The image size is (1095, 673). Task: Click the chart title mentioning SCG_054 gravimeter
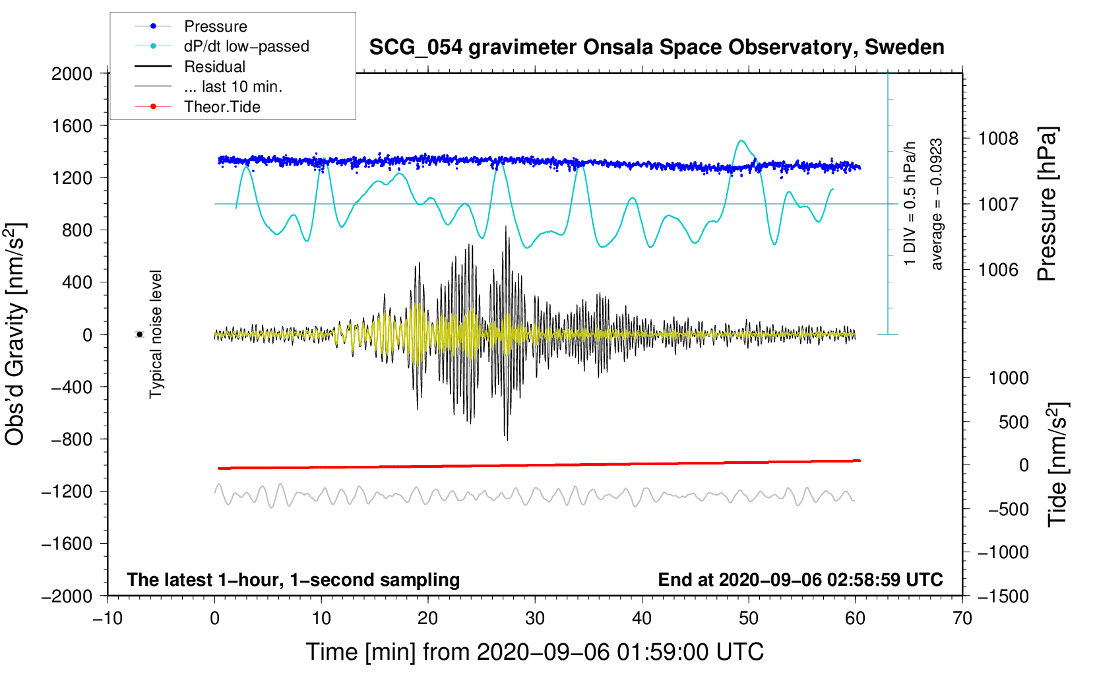tap(656, 48)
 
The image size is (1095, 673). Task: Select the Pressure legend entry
tap(215, 26)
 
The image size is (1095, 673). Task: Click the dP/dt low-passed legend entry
tap(246, 46)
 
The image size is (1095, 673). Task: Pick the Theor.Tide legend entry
tap(222, 107)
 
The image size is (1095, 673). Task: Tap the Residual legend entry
tap(214, 67)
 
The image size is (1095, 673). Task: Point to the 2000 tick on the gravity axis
tap(72, 73)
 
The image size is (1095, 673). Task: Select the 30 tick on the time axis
tap(535, 618)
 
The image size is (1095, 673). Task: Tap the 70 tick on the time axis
tap(962, 618)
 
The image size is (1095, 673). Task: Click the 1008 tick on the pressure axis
tap(998, 139)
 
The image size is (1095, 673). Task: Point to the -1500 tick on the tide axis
tap(1003, 596)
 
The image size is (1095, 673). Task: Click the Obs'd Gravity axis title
tap(16, 334)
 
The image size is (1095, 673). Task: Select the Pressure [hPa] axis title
tap(1048, 205)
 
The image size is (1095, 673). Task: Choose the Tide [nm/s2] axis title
tap(1058, 464)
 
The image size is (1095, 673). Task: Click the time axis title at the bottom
tap(535, 652)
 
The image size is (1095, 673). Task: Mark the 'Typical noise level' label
tap(156, 334)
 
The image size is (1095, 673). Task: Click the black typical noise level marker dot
tap(140, 335)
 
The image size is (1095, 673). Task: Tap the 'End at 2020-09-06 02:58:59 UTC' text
tap(800, 580)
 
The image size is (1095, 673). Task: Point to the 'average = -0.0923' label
tap(937, 205)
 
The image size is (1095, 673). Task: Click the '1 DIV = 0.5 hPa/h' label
tap(910, 203)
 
